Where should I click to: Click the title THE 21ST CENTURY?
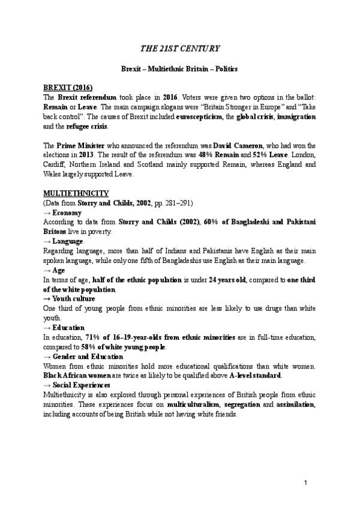point(180,48)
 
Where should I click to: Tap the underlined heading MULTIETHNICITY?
point(76,193)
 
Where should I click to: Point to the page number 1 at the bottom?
point(305,483)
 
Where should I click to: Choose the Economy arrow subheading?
point(63,212)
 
